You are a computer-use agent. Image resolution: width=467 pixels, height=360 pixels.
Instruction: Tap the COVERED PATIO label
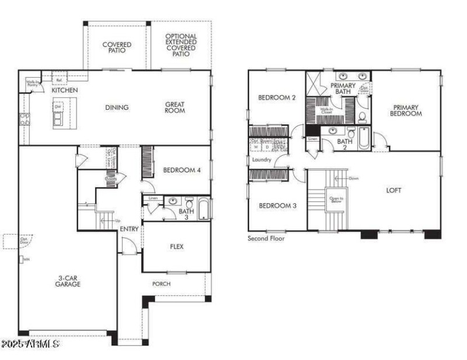pos(117,48)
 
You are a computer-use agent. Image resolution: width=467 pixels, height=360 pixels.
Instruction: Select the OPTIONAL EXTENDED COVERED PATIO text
pos(181,45)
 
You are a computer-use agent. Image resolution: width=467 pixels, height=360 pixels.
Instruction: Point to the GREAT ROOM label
pos(175,107)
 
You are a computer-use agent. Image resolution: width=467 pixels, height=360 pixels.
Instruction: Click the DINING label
pos(117,107)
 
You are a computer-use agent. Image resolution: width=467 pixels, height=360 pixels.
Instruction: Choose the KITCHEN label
pos(65,91)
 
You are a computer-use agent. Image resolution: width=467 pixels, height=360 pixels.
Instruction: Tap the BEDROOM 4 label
pos(182,170)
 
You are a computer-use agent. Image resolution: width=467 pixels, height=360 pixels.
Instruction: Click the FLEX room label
pos(176,247)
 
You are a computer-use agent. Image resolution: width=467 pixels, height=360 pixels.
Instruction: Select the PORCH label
pos(161,284)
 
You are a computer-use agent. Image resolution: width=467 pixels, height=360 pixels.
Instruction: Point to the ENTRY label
pos(129,229)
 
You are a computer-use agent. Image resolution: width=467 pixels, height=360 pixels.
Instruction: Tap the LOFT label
pos(394,190)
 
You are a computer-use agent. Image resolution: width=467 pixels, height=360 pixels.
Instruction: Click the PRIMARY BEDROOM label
pos(407,110)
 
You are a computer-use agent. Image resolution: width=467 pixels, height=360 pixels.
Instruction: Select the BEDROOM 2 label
pos(276,98)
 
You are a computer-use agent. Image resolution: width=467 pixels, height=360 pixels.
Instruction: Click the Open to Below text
pos(336,200)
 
